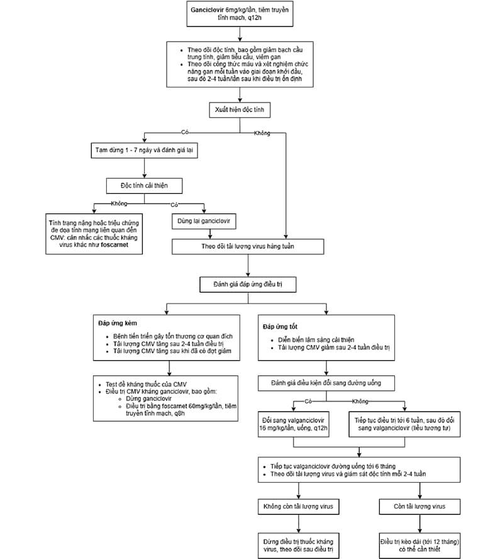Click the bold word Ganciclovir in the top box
coord(207,10)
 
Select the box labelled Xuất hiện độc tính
coord(240,110)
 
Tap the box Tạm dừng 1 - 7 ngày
coord(144,150)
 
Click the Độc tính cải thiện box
coord(144,186)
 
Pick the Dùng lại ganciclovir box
coord(204,221)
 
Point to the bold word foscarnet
coord(114,245)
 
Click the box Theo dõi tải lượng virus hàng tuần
coord(248,246)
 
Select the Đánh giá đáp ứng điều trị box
coord(248,285)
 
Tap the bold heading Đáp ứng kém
coord(118,324)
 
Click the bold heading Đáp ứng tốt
coord(280,327)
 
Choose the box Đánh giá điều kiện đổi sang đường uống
coord(326,383)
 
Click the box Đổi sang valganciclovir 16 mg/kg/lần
coord(294,424)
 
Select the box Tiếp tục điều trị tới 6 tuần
coord(404,424)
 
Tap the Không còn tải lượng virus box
coord(298,507)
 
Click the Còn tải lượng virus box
coord(420,507)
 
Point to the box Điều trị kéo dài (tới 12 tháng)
coord(420,545)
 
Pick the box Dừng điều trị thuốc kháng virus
coord(298,545)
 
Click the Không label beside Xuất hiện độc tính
coord(262,133)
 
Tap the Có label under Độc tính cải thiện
coord(174,205)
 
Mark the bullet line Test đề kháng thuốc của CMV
coord(146,384)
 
